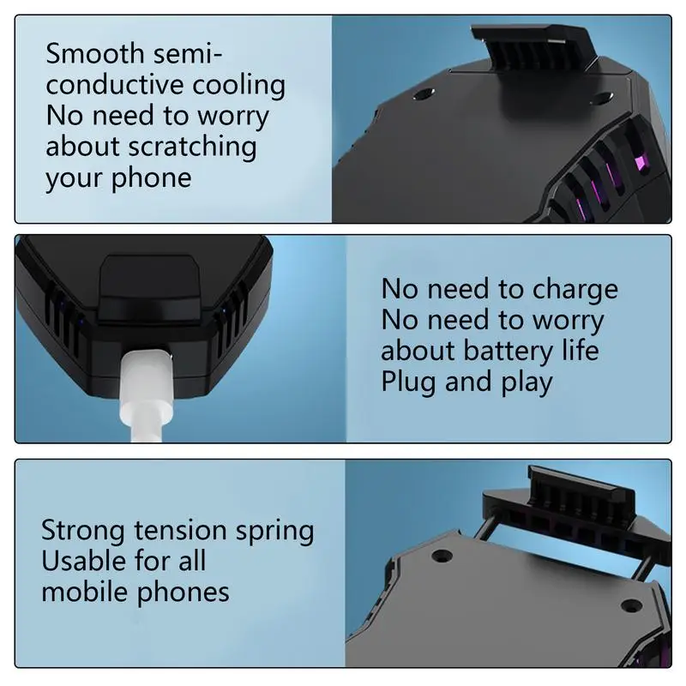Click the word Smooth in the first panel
point(95,53)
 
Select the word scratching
point(192,147)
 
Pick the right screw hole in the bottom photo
point(634,605)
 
